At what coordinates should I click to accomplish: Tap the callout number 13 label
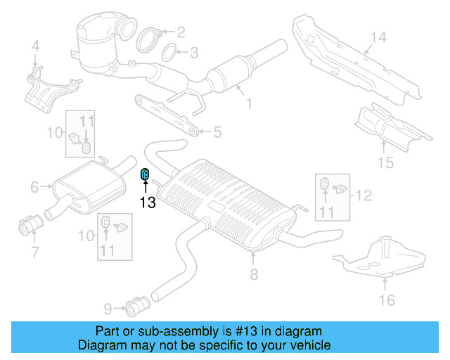coord(146,202)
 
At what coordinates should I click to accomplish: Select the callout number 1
coord(247,105)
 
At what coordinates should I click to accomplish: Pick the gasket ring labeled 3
coord(169,52)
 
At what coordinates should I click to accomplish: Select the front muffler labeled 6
coord(84,181)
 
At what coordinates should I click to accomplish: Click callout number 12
coord(363,195)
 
